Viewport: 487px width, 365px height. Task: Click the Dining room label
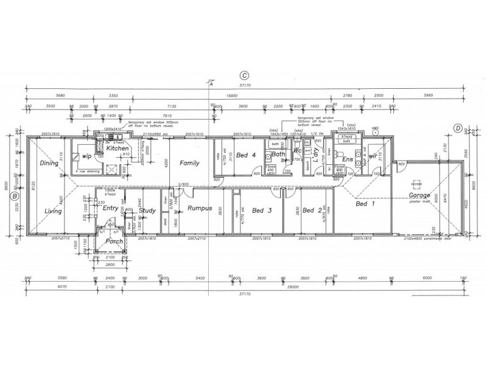[48, 163]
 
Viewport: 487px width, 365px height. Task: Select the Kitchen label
[116, 148]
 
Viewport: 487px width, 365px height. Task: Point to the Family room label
[189, 163]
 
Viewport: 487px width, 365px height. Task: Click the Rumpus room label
[199, 209]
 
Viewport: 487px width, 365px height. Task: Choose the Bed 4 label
[246, 155]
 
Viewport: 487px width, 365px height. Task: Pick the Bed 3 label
[261, 211]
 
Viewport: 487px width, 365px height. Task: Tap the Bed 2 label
[312, 210]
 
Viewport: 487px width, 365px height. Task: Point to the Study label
[148, 211]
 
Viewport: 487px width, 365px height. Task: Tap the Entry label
[110, 208]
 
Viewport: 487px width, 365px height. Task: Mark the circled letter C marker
[243, 75]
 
